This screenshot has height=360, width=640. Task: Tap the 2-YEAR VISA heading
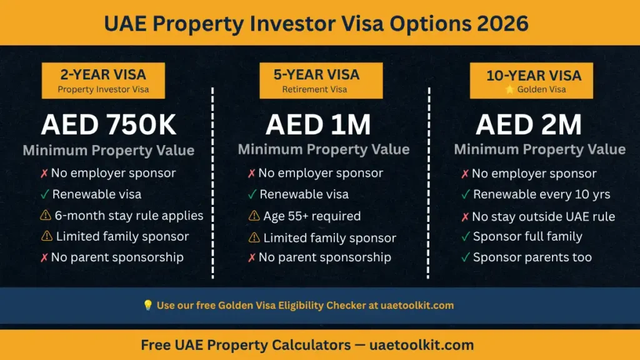click(x=103, y=75)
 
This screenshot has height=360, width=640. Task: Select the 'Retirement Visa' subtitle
click(x=314, y=89)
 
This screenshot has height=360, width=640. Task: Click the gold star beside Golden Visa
click(x=509, y=89)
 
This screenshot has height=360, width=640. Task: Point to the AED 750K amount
click(x=109, y=124)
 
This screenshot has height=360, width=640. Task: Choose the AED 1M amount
click(x=318, y=124)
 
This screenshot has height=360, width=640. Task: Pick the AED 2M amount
click(x=529, y=124)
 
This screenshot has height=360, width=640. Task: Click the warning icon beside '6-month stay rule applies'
click(x=46, y=215)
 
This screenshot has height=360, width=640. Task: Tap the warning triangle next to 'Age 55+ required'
click(x=254, y=216)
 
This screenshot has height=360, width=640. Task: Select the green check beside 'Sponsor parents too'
click(x=465, y=257)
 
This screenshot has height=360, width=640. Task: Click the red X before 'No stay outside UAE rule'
click(x=465, y=217)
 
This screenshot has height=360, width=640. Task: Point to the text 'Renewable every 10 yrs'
click(x=542, y=194)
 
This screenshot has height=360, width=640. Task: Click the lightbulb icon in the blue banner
click(x=147, y=305)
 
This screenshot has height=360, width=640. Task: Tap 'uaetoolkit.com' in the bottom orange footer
click(x=422, y=345)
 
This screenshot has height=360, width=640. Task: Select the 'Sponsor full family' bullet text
click(x=527, y=236)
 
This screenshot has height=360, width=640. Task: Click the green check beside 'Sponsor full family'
click(x=465, y=236)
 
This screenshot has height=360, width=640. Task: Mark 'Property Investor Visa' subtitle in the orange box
click(x=103, y=89)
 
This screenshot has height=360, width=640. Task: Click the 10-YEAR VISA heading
click(x=534, y=76)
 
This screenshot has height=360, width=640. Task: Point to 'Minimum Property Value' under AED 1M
click(x=324, y=149)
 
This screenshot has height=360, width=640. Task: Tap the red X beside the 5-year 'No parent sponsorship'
click(x=251, y=257)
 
